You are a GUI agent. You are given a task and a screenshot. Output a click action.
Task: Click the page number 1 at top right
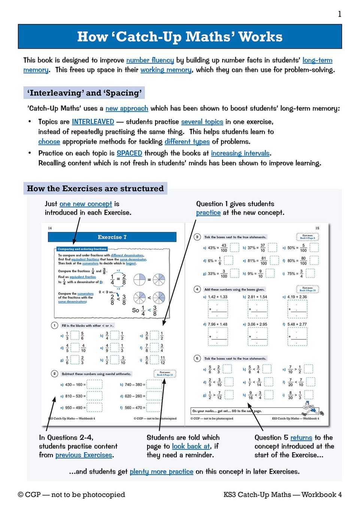(x=339, y=14)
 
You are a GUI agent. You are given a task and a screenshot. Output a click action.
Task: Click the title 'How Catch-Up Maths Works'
(x=180, y=37)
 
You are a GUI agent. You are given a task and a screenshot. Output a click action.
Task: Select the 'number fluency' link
(x=150, y=60)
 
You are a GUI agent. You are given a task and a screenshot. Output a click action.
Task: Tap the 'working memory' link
(x=166, y=70)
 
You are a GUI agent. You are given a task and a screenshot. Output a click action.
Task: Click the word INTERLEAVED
(x=93, y=122)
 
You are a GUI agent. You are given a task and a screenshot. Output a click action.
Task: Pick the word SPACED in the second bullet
(x=129, y=153)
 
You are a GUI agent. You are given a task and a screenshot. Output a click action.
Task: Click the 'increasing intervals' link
(x=240, y=153)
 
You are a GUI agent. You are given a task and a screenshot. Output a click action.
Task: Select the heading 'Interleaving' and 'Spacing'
(x=84, y=93)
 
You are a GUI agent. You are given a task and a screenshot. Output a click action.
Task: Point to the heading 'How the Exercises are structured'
(x=95, y=189)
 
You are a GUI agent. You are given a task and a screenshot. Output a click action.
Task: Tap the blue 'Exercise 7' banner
(x=112, y=237)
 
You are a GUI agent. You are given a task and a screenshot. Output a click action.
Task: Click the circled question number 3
(x=197, y=237)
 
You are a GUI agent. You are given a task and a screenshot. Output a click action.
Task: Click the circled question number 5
(x=197, y=359)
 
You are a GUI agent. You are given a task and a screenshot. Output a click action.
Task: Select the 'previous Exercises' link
(x=84, y=455)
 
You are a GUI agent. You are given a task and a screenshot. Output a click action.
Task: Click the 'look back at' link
(x=191, y=446)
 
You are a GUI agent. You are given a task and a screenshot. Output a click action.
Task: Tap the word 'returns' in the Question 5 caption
(x=301, y=438)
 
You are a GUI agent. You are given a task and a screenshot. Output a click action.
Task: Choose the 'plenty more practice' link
(x=161, y=472)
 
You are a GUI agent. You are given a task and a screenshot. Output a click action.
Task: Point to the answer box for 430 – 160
(x=94, y=384)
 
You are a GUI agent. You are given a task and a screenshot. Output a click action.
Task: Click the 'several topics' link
(x=202, y=122)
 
